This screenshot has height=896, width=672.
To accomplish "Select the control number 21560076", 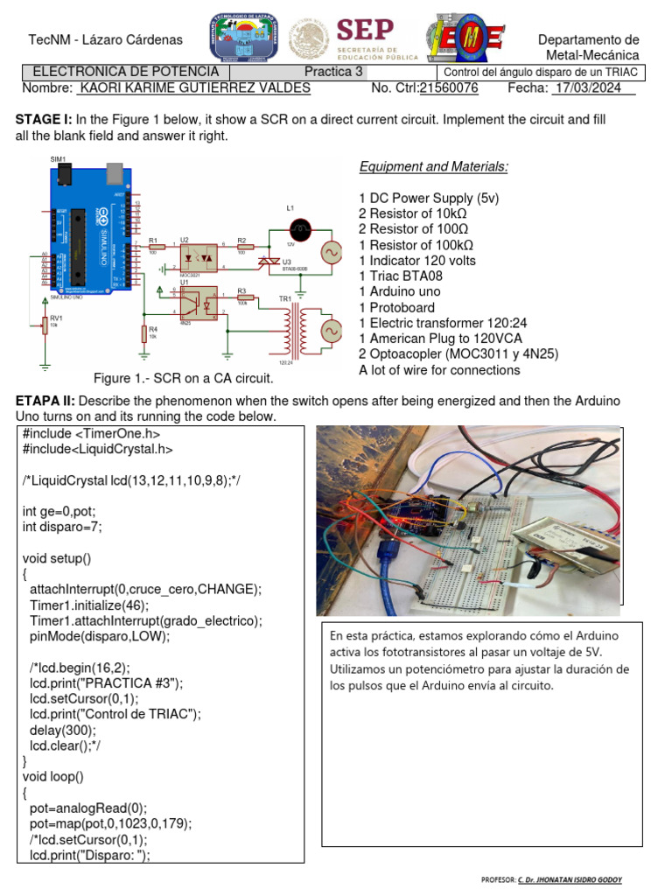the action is pyautogui.click(x=449, y=88).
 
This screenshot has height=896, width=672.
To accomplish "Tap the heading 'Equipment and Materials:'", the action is pyautogui.click(x=434, y=167).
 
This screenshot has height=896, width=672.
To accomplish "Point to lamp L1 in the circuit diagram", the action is pyautogui.click(x=301, y=231).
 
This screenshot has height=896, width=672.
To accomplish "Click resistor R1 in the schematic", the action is pyautogui.click(x=156, y=247).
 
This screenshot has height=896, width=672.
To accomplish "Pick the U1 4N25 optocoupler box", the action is pyautogui.click(x=194, y=304).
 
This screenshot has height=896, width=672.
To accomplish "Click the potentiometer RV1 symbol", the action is pyautogui.click(x=45, y=325).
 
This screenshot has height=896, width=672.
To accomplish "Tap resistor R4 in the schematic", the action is pyautogui.click(x=143, y=333).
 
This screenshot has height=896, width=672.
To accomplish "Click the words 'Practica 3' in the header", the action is pyautogui.click(x=333, y=72).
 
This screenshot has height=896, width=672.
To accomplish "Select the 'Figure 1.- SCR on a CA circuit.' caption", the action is pyautogui.click(x=184, y=378).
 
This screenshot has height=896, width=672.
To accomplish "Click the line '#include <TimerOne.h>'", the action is pyautogui.click(x=91, y=433).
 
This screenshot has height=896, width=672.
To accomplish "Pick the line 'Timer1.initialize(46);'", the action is pyautogui.click(x=89, y=605).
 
